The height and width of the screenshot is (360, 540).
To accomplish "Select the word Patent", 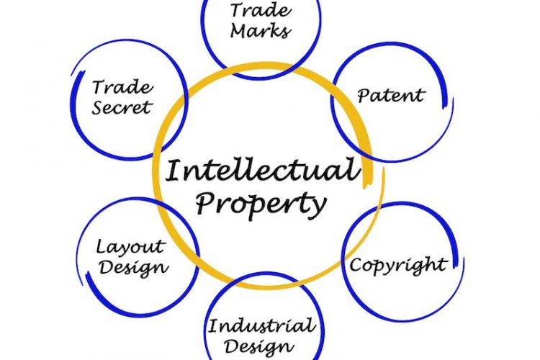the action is (x=391, y=95).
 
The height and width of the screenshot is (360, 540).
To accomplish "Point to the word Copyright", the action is (x=399, y=265).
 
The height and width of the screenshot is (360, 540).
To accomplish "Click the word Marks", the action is (x=261, y=30).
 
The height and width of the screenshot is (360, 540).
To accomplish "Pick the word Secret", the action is (x=122, y=107).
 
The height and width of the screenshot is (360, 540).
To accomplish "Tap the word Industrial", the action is (x=262, y=325).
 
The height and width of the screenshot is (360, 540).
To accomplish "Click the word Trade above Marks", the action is (x=261, y=10).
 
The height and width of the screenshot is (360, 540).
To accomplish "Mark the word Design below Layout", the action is (x=134, y=267).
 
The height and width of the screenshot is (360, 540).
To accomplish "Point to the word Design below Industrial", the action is (x=259, y=346).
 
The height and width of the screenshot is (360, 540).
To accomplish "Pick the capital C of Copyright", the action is (x=357, y=265).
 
